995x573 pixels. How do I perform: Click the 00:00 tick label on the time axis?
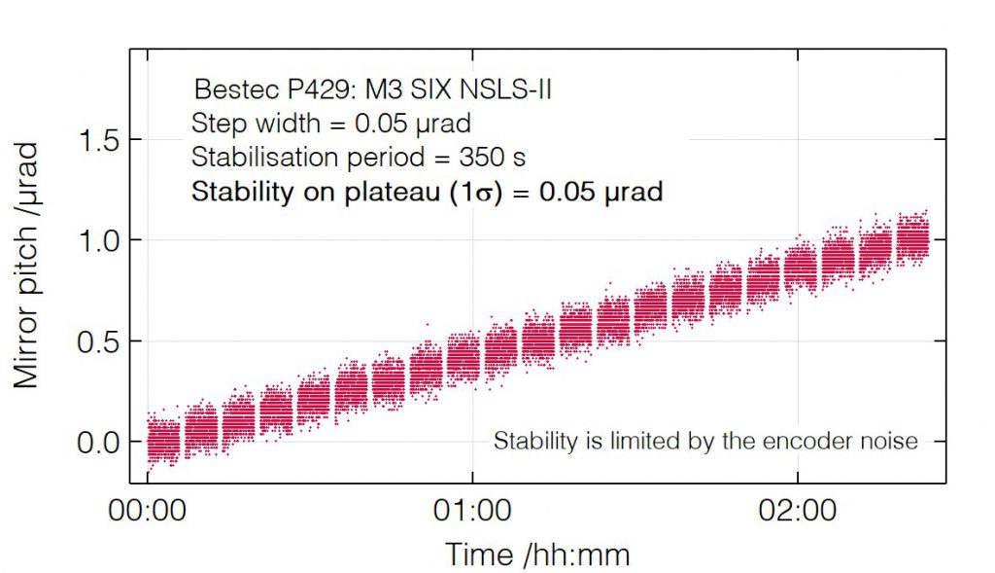[x=147, y=511]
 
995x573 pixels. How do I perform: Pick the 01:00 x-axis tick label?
[x=471, y=511]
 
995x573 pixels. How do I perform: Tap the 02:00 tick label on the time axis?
[x=797, y=511]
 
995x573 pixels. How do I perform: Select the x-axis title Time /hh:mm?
[x=537, y=555]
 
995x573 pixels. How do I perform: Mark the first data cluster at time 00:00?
[x=162, y=439]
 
